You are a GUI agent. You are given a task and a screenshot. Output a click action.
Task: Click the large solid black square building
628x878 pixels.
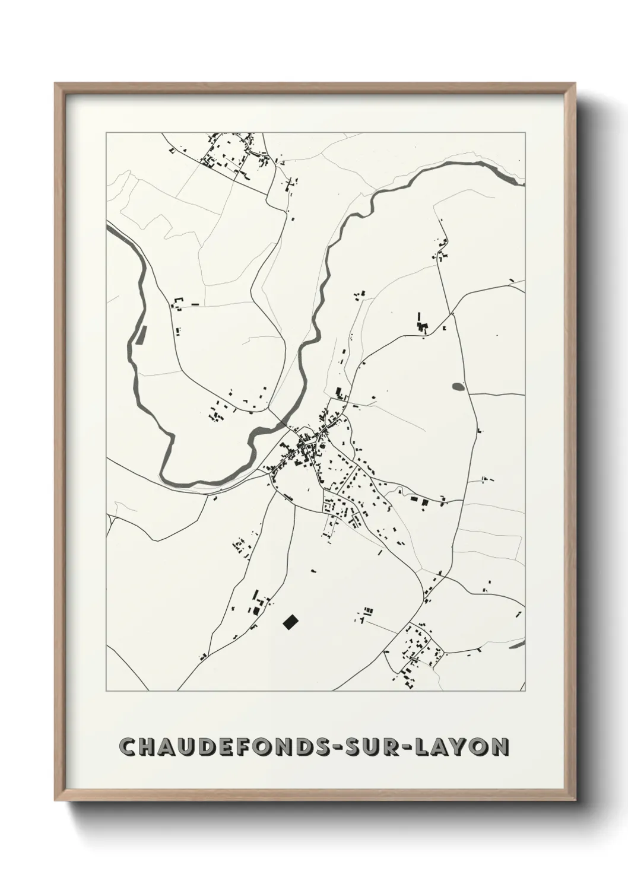[290, 622]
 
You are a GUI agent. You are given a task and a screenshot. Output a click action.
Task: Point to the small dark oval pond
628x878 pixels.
[458, 387]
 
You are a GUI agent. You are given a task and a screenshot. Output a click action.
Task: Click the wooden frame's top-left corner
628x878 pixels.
[56, 84]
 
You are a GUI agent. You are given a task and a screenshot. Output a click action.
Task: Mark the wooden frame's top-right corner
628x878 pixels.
[574, 84]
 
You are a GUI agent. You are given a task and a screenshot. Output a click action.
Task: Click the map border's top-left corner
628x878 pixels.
[106, 133]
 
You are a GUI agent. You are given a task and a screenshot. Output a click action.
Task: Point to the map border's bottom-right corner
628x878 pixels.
[525, 691]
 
